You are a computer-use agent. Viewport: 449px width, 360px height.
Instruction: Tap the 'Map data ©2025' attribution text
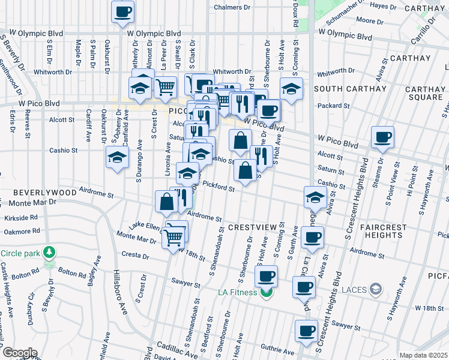[424, 355]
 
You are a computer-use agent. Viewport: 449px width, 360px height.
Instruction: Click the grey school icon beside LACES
[375, 290]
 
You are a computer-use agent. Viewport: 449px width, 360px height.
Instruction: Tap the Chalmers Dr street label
[232, 7]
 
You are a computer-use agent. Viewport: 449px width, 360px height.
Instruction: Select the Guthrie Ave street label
[277, 352]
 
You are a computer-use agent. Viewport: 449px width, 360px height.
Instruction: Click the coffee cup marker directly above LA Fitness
[267, 277]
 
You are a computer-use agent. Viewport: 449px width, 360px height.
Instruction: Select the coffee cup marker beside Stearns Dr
[382, 137]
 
